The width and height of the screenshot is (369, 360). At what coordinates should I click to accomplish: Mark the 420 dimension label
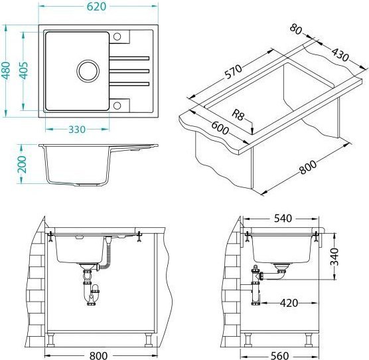coord(288,304)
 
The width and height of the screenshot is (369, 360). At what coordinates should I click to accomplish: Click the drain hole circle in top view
coord(87,69)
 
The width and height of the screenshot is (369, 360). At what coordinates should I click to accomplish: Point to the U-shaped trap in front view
coord(93,296)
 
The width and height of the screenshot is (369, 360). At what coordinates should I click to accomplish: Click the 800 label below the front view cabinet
coord(98,354)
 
